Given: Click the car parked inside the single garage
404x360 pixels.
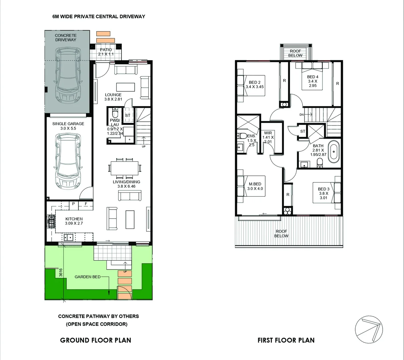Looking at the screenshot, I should pos(68,162).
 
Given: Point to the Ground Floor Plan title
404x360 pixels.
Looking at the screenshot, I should pos(95,340).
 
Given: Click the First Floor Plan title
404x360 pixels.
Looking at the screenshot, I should pos(286,340).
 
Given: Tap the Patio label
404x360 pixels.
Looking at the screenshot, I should pos(106,50).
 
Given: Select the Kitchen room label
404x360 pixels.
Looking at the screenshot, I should pos(74,219).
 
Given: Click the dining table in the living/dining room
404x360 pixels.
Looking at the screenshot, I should pos(125,168).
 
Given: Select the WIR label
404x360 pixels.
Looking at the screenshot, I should pos(268,133).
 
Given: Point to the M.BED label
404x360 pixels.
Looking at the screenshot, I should pos(255,184).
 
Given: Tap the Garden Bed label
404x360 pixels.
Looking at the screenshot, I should pos(87,277).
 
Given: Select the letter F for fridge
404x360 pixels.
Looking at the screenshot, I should pos(86,204).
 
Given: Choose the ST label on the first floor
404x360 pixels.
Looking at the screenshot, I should pos(303,131).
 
